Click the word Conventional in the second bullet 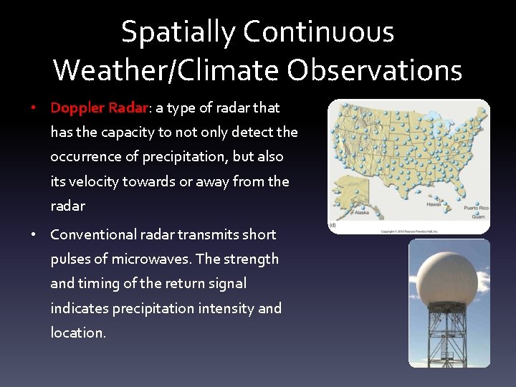pos(97,234)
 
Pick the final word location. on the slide pos(78,333)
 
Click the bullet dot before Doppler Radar pos(34,108)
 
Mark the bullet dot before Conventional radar pos(34,234)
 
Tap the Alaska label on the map pos(362,212)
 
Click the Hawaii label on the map pos(434,204)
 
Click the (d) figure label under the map pos(333,225)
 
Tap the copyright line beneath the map pos(408,231)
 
